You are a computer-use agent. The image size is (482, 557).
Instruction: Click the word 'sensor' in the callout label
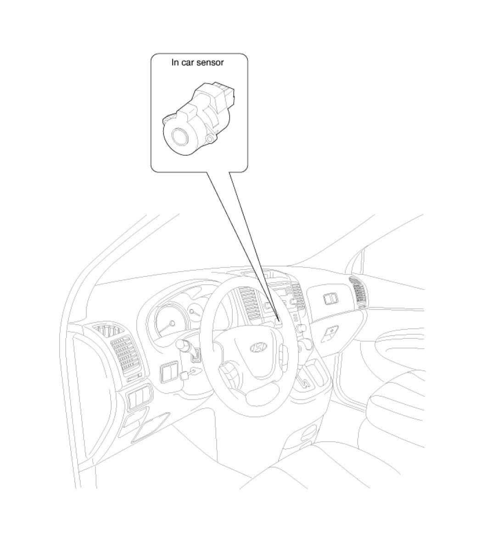click(x=210, y=62)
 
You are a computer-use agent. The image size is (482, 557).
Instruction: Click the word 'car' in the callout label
click(x=188, y=62)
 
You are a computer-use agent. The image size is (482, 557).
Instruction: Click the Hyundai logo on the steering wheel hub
click(x=258, y=347)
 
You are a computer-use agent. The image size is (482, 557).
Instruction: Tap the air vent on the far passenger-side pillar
click(x=358, y=292)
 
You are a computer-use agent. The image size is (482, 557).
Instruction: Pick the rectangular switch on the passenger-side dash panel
click(x=331, y=299)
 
